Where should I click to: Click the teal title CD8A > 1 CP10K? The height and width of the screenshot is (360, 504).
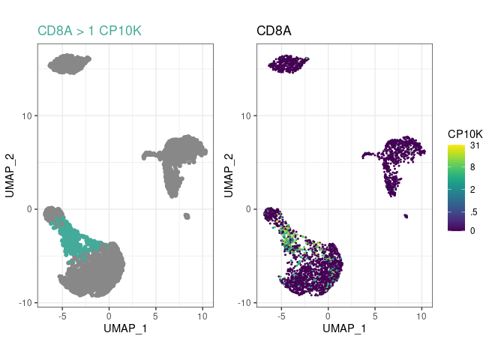pos(89,31)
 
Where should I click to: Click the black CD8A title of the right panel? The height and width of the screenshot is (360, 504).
pos(274,31)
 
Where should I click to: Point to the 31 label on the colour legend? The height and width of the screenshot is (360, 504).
pos(474,146)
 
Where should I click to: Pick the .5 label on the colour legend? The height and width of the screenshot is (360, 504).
pos(472,210)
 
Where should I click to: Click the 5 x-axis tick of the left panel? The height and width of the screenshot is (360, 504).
pos(155,316)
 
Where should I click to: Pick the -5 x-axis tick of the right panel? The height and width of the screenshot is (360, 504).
pos(280,316)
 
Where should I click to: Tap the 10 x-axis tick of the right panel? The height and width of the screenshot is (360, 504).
pos(421,316)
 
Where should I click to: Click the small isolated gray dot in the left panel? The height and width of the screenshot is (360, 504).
pos(186,216)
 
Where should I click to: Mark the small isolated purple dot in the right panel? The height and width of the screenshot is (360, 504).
pos(405,216)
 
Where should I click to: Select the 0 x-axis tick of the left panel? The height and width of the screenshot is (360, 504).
pos(109,316)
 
